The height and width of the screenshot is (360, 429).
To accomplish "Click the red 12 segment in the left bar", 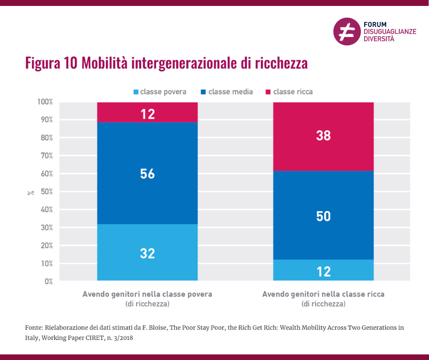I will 147,112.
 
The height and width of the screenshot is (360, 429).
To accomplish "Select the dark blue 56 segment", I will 147,173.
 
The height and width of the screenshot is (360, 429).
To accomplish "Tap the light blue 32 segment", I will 147,253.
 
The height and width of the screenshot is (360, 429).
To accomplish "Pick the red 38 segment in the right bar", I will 323,136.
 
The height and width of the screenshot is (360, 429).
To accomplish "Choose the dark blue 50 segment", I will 323,216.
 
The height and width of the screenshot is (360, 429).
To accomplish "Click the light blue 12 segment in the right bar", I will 323,270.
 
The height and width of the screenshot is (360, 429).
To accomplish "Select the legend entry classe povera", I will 159,92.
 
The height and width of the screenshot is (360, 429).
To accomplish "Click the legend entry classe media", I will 226,92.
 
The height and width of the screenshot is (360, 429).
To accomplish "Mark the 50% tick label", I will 47,191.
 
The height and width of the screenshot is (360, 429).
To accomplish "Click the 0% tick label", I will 48,281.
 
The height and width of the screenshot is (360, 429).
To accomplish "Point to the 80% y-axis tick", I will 47,138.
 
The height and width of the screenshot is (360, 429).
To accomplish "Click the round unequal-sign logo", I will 346,32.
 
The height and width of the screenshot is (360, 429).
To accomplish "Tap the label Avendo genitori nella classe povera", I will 147,294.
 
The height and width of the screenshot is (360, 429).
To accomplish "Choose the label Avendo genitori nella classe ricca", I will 323,294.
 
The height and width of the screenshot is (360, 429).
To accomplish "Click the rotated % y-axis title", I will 31,192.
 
